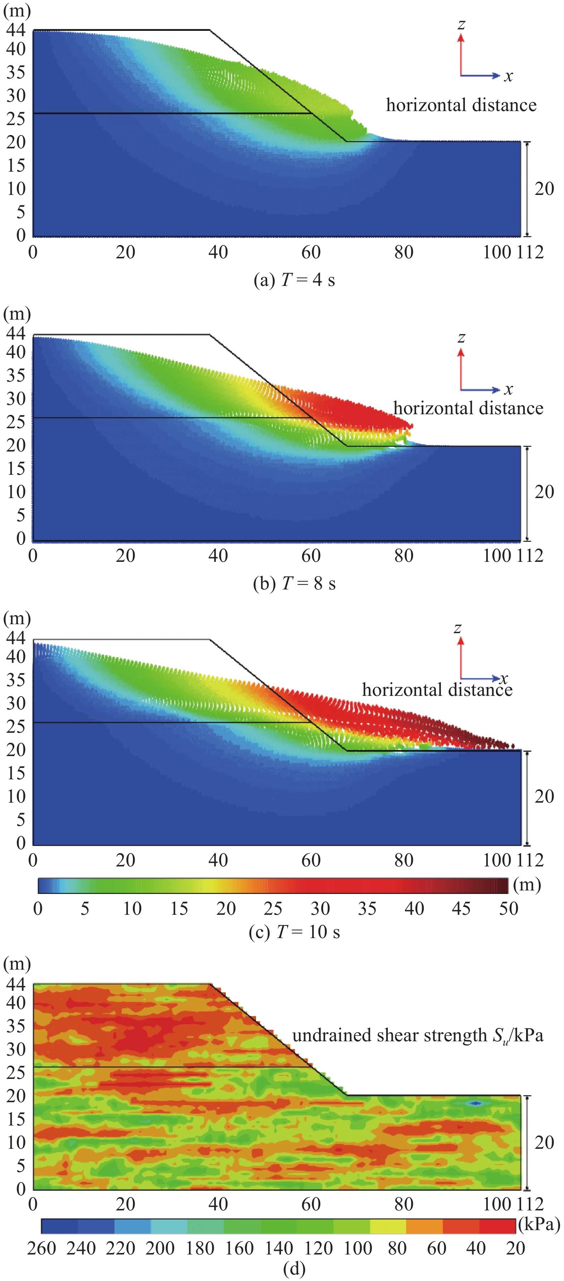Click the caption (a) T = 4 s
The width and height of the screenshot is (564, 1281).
pyautogui.click(x=294, y=280)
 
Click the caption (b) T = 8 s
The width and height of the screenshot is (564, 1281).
pyautogui.click(x=294, y=583)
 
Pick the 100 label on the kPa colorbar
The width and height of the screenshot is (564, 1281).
pyautogui.click(x=358, y=1248)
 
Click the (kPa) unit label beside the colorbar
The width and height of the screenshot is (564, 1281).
pyautogui.click(x=539, y=1224)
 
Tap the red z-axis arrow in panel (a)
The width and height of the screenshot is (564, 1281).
pyautogui.click(x=461, y=55)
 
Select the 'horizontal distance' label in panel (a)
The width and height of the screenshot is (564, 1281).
pyautogui.click(x=461, y=105)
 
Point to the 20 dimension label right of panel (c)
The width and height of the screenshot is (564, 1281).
pyautogui.click(x=544, y=796)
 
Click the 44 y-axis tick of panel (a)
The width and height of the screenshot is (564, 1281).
pyautogui.click(x=16, y=30)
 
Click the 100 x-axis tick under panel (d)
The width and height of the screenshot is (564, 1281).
pyautogui.click(x=497, y=1204)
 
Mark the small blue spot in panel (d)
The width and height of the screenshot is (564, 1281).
pyautogui.click(x=476, y=1104)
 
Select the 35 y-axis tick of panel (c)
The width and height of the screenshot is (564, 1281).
pyautogui.click(x=16, y=680)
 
